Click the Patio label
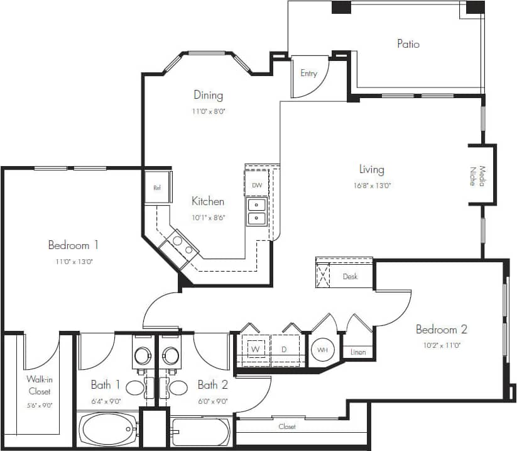coord(408,44)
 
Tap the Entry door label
coord(308,74)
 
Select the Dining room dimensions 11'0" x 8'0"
coord(208,111)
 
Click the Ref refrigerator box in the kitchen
coord(157,188)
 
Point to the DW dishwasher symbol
coord(257,186)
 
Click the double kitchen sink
coord(257,211)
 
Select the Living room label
coord(371,169)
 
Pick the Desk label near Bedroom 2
coord(350,276)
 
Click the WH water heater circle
coord(322,349)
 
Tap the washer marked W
coord(256,349)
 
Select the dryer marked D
coord(283,349)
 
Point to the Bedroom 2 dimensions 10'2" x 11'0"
coord(442,345)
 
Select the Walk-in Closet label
coord(39,385)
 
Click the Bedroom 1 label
coord(73,245)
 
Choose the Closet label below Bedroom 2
coord(287,426)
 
